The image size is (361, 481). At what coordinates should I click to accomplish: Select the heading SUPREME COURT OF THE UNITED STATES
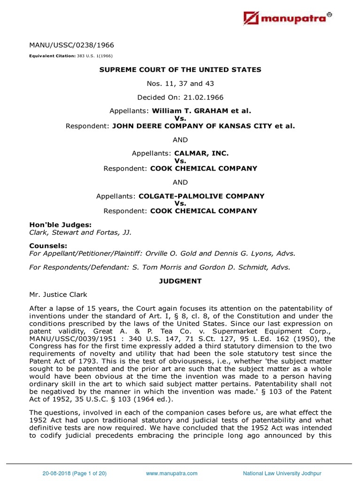click(x=180, y=70)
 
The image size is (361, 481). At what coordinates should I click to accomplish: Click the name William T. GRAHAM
click(x=193, y=111)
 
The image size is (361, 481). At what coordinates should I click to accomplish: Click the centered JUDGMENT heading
click(x=180, y=281)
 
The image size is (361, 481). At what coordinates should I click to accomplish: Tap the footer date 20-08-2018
click(x=54, y=473)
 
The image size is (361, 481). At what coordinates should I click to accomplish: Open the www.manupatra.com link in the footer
click(x=172, y=473)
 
